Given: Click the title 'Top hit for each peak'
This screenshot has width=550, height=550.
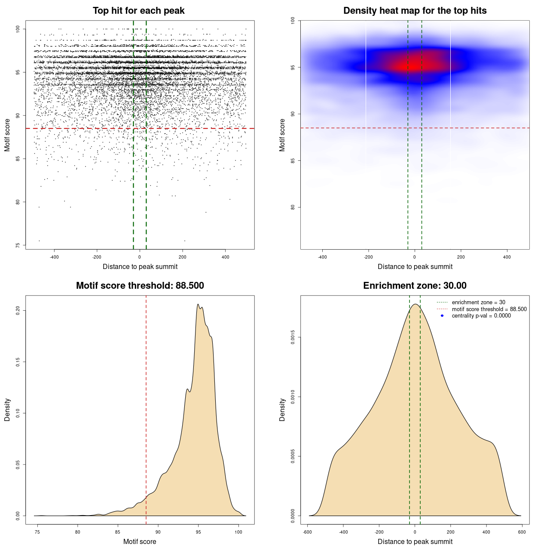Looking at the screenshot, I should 139,11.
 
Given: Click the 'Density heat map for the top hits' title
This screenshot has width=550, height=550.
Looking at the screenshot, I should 415,11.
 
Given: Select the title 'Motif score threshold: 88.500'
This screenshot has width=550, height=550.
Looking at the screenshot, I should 140,286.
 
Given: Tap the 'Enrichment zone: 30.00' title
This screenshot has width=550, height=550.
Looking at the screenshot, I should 415,286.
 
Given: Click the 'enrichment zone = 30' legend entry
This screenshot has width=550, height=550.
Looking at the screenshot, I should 478,302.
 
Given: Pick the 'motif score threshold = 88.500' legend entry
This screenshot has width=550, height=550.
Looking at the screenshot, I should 489,309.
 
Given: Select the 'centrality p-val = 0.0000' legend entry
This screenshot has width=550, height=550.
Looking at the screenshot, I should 481,316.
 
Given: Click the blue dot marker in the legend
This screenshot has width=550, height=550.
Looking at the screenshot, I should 442,316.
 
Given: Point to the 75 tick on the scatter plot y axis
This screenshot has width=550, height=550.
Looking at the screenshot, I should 18,245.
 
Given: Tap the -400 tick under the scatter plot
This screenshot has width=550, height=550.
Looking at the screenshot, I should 54,257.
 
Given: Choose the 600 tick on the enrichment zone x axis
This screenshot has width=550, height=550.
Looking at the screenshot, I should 522,532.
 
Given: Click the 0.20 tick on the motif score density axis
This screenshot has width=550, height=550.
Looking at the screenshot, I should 18,310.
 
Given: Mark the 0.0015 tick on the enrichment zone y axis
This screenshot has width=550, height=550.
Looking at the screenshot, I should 293,338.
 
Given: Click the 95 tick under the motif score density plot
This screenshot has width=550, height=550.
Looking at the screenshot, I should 198,532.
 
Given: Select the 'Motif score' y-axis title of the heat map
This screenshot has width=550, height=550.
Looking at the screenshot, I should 282,135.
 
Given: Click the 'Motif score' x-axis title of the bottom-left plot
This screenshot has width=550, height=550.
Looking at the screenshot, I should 140,541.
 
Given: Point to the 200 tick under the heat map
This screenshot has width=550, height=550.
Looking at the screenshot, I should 461,257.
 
